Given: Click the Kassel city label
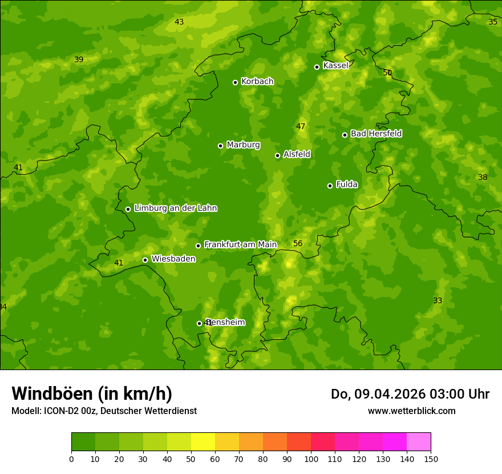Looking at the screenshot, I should point(335,66).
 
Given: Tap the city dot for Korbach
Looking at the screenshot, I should point(235,82).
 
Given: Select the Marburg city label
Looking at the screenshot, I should point(243,145).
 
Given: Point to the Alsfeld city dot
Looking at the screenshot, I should point(277,155).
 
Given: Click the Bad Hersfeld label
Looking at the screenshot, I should point(376,134).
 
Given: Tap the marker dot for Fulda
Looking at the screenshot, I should point(330,186).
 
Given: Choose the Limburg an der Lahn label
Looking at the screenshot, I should point(175,208).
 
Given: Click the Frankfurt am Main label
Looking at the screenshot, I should point(240,245).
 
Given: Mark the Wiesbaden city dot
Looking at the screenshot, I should point(145,260).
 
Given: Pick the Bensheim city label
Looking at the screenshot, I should point(226,323).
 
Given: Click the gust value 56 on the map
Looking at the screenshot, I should point(298,244).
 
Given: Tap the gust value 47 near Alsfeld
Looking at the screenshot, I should point(301,127).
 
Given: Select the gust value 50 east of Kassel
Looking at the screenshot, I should point(387,73).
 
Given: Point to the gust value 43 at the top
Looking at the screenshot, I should point(179,22).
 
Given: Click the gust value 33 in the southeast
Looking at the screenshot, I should point(438,301).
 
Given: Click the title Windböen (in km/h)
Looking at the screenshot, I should point(92,393).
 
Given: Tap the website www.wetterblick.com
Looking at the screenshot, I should point(411,411).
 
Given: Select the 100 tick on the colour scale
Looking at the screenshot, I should point(311,459).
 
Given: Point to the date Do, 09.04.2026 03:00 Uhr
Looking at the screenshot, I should point(410,394).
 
